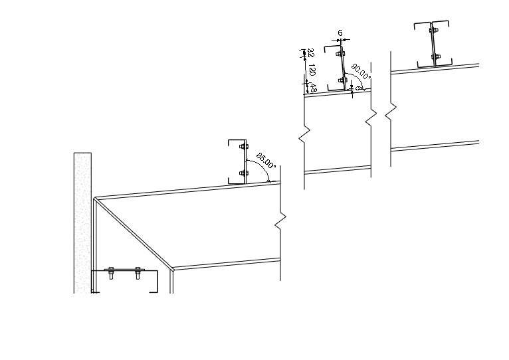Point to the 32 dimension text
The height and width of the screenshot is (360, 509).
point(310,52)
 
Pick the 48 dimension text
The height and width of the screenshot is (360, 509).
point(312,86)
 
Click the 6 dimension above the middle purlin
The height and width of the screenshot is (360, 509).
point(340,33)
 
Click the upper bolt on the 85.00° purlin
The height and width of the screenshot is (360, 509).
point(244,146)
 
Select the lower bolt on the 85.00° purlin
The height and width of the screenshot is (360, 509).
point(244,173)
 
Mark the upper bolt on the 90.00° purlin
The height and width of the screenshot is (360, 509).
point(340,53)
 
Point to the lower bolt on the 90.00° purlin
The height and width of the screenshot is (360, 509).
point(342,80)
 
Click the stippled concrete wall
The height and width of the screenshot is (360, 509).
point(82,213)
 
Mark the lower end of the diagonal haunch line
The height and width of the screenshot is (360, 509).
point(172,269)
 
